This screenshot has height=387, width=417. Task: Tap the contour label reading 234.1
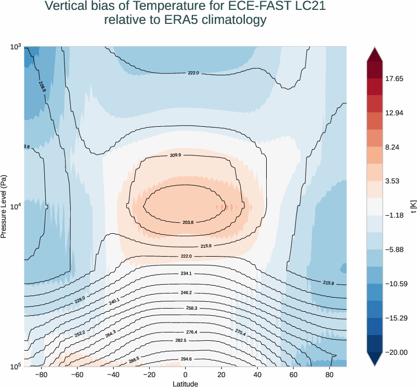point(186,273)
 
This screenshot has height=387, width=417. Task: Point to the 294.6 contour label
point(186,359)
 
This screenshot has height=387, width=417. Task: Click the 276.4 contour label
point(191,332)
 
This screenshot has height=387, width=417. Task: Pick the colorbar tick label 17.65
point(394,79)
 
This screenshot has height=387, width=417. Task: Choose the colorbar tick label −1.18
point(394,215)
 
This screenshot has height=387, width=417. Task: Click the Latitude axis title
point(185,383)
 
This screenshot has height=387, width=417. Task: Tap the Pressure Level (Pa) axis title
point(4,207)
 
